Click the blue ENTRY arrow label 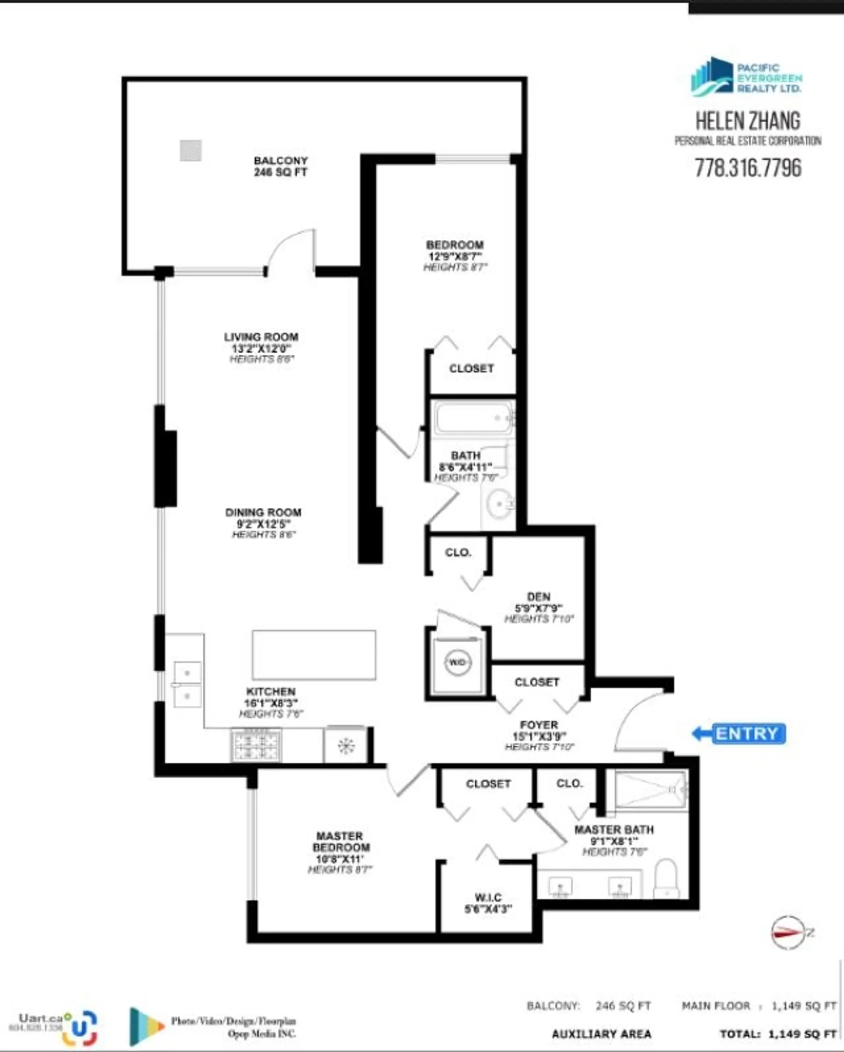point(740,733)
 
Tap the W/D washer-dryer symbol point(457,663)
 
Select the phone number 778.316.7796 point(748,168)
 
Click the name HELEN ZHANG point(748,121)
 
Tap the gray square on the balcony point(191,150)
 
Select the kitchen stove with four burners point(256,745)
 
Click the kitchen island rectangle point(314,655)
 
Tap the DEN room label point(539,596)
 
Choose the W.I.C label point(488,897)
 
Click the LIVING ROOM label point(262,337)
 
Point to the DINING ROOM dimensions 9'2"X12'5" point(263,524)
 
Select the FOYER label point(539,725)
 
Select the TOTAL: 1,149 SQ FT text point(778,1034)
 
